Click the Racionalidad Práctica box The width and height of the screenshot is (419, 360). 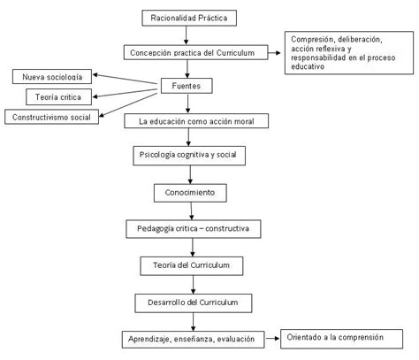coord(189,18)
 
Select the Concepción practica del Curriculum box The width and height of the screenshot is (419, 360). coord(196,52)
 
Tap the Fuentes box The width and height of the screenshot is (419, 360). coord(187,86)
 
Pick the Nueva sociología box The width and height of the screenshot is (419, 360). coord(52,77)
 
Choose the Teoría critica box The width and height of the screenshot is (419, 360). coord(58,97)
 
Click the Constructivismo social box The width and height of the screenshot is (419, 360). coord(51,117)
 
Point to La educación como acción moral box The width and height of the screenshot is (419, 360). coord(196,121)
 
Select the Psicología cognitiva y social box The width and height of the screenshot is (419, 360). coord(189,156)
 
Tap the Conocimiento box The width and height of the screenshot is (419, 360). coord(190,193)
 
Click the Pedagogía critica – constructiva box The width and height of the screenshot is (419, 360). coord(194,229)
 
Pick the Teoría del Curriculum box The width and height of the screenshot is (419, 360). coord(192,266)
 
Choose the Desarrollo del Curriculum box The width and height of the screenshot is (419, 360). coord(194,303)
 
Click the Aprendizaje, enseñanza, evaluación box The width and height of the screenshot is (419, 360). coord(193,340)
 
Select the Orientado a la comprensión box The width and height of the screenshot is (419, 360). coord(341,339)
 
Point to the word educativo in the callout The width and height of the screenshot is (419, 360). coord(308,66)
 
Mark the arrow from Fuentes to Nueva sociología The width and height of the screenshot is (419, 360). coord(125,79)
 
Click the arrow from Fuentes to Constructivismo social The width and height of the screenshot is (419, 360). coord(128,104)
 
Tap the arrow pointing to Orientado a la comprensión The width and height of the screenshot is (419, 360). coord(272,338)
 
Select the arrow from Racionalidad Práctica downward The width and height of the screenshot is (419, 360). coord(186,35)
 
